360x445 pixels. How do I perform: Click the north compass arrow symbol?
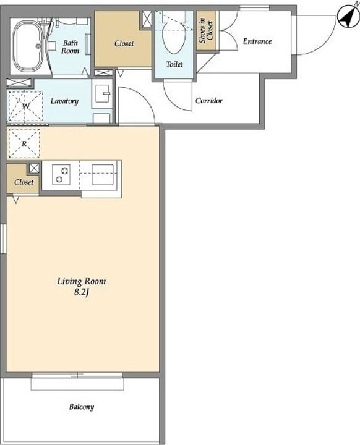click(349, 17)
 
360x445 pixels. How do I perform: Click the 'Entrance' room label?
click(257, 41)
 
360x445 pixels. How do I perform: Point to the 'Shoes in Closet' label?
click(206, 31)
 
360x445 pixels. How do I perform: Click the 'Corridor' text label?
click(209, 101)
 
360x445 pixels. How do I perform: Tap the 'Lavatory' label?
click(64, 101)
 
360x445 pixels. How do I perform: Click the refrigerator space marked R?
click(24, 143)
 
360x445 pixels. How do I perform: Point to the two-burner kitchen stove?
click(61, 175)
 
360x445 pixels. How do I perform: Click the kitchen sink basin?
click(103, 174)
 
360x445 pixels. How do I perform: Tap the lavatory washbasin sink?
click(102, 93)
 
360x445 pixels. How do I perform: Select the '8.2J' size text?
click(82, 292)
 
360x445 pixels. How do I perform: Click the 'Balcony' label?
click(82, 407)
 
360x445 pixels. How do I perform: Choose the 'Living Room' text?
click(82, 281)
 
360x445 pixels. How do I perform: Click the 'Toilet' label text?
click(174, 64)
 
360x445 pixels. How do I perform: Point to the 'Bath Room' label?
click(70, 47)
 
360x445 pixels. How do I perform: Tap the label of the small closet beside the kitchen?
click(24, 182)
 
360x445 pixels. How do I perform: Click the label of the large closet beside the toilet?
click(124, 43)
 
